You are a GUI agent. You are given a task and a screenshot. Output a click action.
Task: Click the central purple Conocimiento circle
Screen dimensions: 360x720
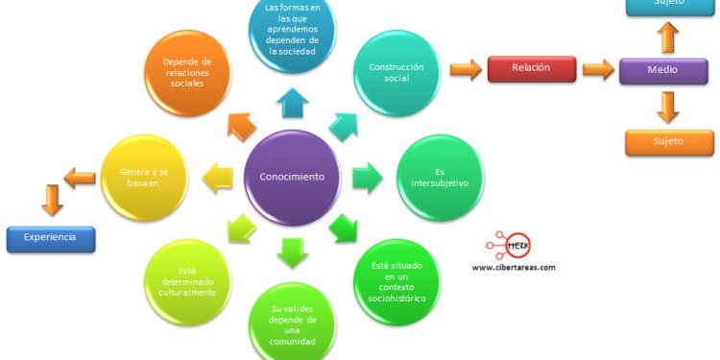point(293,178)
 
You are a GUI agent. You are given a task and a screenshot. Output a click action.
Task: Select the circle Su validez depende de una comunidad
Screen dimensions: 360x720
point(292,322)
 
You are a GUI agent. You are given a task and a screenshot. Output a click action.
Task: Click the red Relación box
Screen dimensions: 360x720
point(531,69)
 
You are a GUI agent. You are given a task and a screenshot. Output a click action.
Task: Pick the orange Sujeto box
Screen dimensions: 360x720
point(669,142)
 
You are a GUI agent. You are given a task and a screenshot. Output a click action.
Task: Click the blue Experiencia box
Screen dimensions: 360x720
point(52,238)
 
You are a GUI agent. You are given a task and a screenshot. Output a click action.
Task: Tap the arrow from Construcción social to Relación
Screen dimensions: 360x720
point(466,69)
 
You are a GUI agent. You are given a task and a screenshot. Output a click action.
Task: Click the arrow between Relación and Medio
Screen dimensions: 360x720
point(597,69)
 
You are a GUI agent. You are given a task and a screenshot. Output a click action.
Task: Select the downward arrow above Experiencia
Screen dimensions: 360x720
point(52,200)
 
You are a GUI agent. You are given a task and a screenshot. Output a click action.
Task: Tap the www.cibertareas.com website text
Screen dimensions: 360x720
point(514,267)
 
